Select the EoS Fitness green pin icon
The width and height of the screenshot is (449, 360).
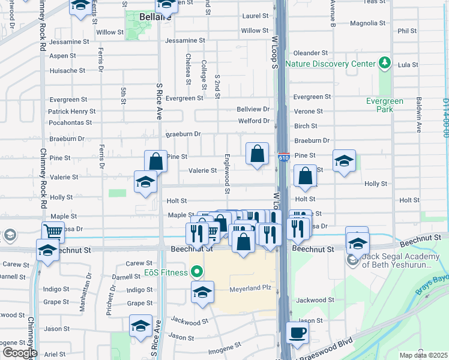pyautogui.click(x=196, y=272)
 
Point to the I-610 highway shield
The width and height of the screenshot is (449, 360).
pyautogui.click(x=285, y=158)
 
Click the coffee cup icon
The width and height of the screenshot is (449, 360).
pyautogui.click(x=297, y=333)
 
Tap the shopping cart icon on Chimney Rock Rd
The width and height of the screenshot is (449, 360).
pyautogui.click(x=53, y=230)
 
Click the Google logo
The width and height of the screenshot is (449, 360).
pyautogui.click(x=20, y=353)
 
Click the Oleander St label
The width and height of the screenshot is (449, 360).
pyautogui.click(x=310, y=53)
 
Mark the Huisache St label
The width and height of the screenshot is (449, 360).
pyautogui.click(x=67, y=70)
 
